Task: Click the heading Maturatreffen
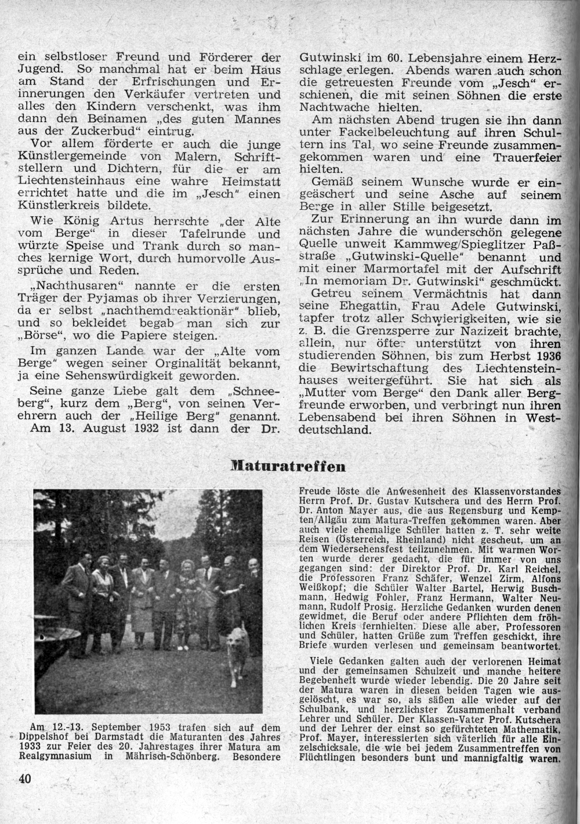[x=288, y=466]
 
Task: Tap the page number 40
[x=24, y=779]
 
